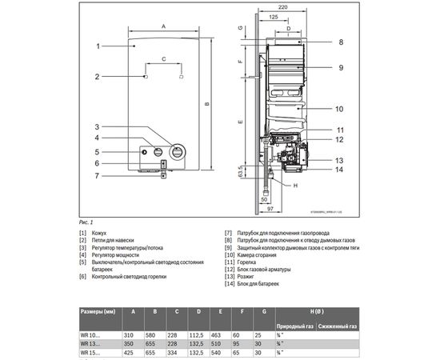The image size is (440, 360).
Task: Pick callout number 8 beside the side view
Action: pos(339,42)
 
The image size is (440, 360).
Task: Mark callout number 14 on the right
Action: pos(339,170)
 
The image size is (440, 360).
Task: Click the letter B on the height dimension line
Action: pos(206,104)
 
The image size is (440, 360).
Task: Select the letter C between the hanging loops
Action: pos(163,60)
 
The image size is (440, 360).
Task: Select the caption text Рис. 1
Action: pos(86,221)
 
